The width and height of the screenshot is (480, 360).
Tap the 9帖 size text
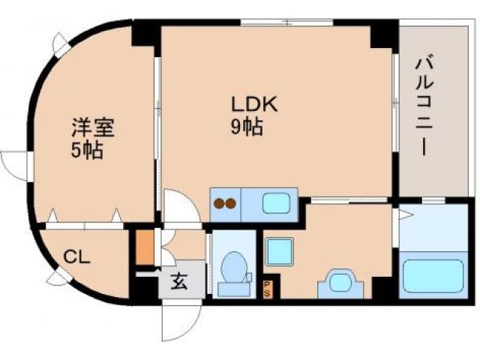[246, 127]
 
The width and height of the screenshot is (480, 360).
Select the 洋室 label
[93, 127]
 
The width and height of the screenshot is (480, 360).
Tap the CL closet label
[76, 257]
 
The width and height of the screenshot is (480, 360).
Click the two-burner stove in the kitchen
[226, 202]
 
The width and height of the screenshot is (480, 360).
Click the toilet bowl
[233, 268]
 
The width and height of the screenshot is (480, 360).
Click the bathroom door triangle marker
[403, 216]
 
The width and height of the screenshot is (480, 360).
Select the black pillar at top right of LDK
[383, 34]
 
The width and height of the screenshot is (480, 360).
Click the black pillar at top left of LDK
[145, 36]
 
